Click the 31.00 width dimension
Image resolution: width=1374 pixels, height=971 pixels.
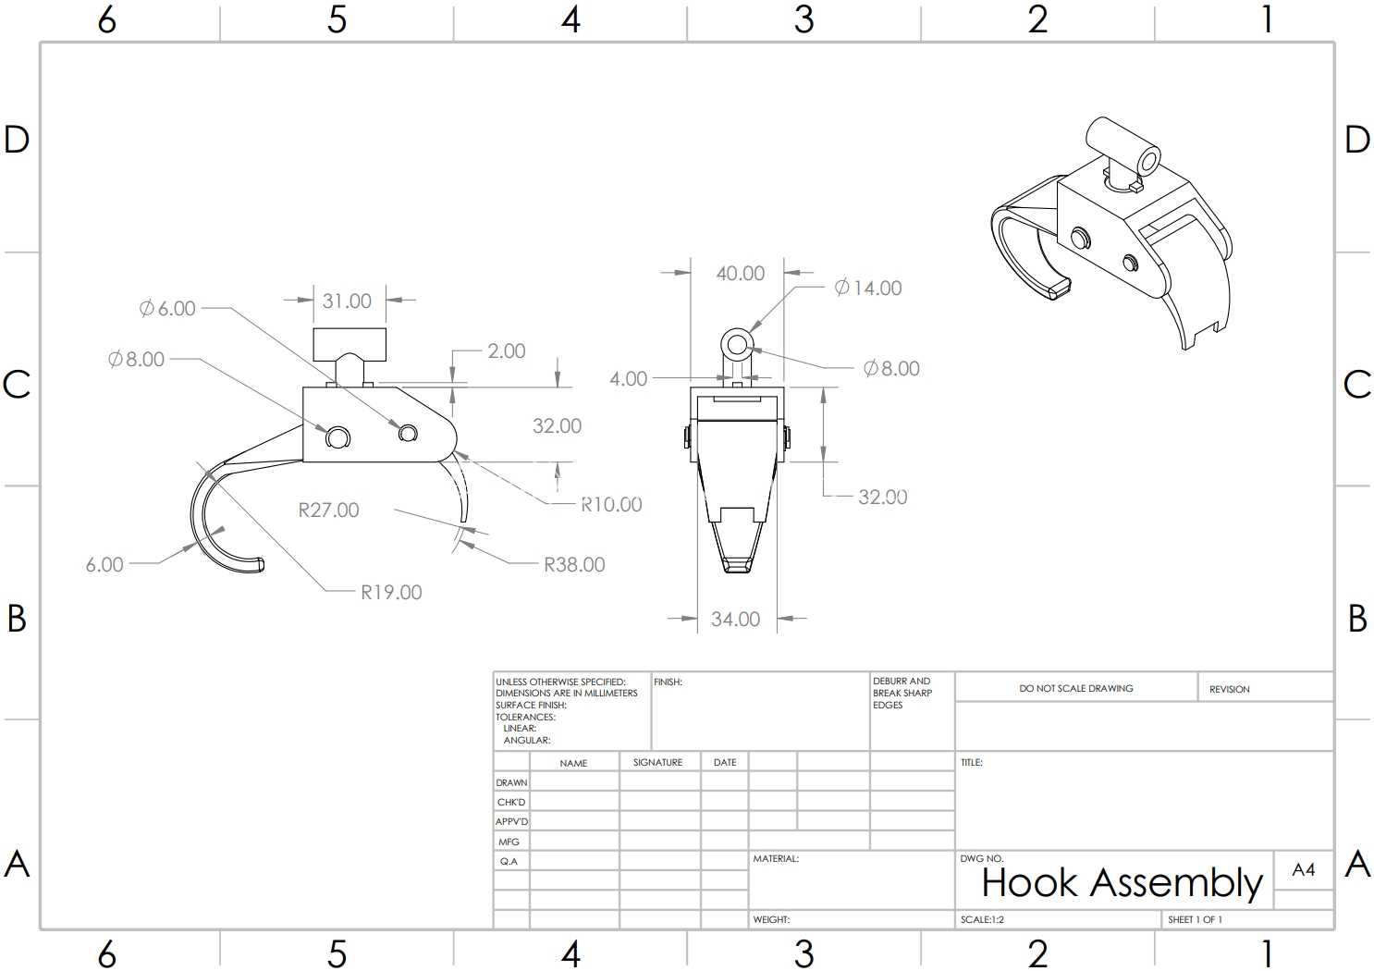click(x=347, y=301)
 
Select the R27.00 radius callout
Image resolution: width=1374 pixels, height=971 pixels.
click(x=329, y=510)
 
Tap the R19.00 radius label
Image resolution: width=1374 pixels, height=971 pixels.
click(x=391, y=592)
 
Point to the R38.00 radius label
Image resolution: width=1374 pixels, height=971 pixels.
click(x=575, y=564)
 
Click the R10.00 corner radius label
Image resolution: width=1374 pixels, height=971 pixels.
click(x=611, y=504)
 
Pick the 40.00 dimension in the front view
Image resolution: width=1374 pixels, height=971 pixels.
click(x=741, y=274)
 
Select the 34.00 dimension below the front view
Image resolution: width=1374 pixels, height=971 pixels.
click(x=735, y=619)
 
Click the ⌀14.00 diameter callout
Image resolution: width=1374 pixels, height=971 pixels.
click(x=868, y=288)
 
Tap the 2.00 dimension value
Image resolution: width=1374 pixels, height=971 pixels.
click(x=507, y=350)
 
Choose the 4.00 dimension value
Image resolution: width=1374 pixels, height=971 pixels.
click(x=628, y=378)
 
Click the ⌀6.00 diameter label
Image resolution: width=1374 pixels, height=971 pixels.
click(x=167, y=308)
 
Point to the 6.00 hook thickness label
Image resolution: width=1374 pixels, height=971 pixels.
click(x=104, y=564)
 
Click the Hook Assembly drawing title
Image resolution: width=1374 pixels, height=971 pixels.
click(x=1122, y=883)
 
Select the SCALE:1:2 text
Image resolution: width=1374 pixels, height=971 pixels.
click(x=982, y=919)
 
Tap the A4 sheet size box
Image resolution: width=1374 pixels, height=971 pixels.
click(x=1304, y=870)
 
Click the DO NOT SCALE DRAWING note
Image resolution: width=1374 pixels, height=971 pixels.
click(x=1076, y=688)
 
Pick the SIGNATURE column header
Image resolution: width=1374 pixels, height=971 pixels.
click(x=657, y=762)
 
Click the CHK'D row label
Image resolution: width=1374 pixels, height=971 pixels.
click(x=511, y=803)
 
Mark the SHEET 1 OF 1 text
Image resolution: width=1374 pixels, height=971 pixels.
click(x=1195, y=919)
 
